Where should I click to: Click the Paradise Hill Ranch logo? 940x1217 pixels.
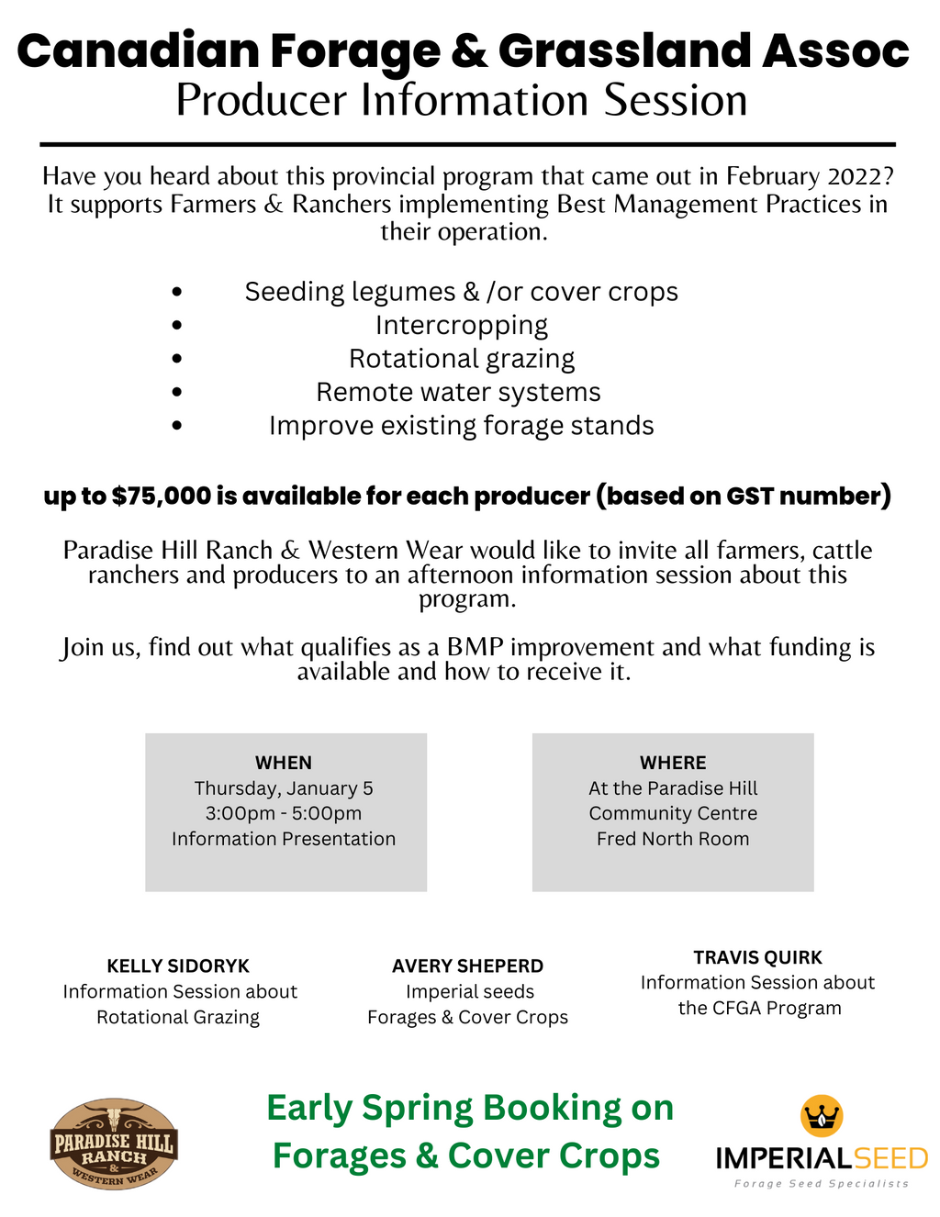pos(113,1144)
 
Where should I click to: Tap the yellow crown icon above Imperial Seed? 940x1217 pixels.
pos(822,1116)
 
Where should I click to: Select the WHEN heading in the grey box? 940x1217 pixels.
pos(284,763)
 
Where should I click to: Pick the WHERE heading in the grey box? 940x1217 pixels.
pos(673,763)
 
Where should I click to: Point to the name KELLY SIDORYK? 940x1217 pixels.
pos(178,966)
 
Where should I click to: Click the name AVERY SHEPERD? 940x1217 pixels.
pos(467,966)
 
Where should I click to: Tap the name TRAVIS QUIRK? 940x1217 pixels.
pos(757,957)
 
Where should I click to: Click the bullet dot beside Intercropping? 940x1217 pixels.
pos(177,326)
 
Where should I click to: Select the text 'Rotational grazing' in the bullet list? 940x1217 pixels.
pos(462,359)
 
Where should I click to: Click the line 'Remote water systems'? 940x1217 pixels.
pos(458,393)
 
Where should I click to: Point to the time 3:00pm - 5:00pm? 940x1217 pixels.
pos(284,814)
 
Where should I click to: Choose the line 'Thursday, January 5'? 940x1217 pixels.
pos(284,788)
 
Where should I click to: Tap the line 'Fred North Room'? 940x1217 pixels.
pos(673,839)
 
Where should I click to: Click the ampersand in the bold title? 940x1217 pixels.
pos(469,51)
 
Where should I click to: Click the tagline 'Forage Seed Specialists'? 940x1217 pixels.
pos(821,1184)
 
